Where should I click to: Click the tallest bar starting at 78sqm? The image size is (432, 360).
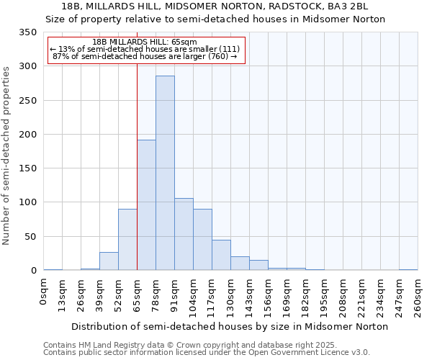click(x=165, y=173)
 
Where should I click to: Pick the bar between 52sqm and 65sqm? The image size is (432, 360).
click(x=127, y=240)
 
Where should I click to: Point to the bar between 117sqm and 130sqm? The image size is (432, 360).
click(x=221, y=255)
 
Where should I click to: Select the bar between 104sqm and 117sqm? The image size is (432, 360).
click(x=202, y=240)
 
